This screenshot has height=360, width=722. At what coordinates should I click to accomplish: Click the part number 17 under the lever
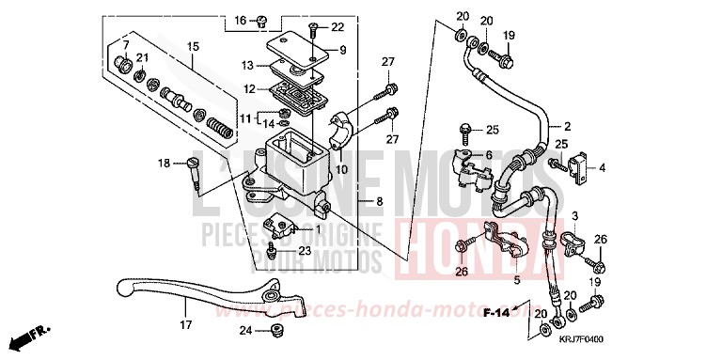[x=185, y=325]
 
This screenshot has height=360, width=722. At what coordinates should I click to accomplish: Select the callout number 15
[x=193, y=46]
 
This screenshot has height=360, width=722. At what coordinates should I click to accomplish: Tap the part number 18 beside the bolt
[x=164, y=164]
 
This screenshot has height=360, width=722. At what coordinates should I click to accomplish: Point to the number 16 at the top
[x=240, y=21]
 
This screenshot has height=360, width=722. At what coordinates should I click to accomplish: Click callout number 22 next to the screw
[x=337, y=27]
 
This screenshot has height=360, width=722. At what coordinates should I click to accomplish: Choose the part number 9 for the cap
[x=342, y=50]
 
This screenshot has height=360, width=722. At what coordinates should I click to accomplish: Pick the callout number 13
[x=247, y=66]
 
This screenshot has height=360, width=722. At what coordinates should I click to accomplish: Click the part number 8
[x=379, y=201]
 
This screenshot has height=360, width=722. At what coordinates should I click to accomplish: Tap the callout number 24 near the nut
[x=245, y=330]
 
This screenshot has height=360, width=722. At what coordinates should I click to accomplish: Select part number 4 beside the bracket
[x=603, y=168]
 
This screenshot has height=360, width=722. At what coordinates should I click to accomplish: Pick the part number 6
[x=488, y=155]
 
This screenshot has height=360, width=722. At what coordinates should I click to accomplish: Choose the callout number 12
[x=249, y=89]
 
